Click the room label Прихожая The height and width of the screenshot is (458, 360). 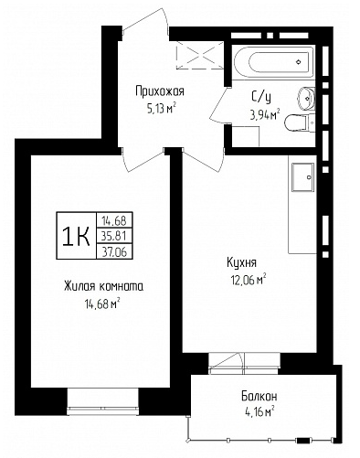(160, 91)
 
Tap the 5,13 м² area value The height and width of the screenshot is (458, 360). (162, 108)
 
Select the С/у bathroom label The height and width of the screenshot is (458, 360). (261, 97)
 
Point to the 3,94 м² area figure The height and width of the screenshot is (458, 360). (265, 115)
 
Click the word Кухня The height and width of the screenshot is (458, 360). (241, 262)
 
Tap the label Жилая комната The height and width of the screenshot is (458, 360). (103, 286)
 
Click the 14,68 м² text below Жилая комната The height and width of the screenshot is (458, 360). (101, 304)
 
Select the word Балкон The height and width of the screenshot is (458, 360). (259, 397)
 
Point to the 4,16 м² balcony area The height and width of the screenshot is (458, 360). (259, 412)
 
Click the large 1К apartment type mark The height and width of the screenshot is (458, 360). (76, 236)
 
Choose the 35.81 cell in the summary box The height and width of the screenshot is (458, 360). (114, 236)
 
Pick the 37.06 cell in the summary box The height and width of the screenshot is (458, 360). (114, 251)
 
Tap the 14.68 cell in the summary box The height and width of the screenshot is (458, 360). (114, 219)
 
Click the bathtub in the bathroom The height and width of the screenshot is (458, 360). (273, 62)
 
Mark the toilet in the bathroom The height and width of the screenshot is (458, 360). (300, 122)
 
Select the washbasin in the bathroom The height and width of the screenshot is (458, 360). (306, 98)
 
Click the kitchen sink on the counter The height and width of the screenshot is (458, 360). (302, 177)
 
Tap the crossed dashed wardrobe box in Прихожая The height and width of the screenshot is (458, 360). (200, 55)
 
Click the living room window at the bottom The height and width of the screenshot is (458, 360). (102, 401)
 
